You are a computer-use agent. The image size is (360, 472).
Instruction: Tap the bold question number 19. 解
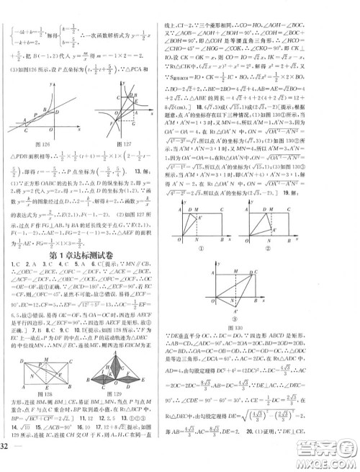(x=336, y=172)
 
